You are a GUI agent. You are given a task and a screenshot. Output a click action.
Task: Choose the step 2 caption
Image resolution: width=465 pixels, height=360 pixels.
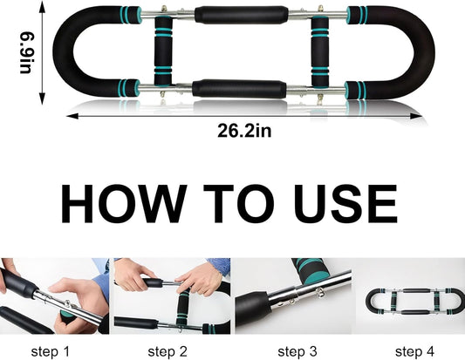pos(168,351)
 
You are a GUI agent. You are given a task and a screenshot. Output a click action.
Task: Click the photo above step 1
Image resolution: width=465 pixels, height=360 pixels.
pos(54,296)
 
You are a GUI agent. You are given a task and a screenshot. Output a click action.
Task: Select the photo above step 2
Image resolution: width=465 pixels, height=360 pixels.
pos(172,296)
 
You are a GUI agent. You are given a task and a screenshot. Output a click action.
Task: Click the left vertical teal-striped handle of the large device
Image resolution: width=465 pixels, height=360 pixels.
pos(162,51)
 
